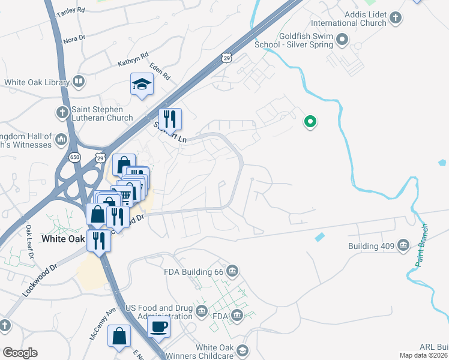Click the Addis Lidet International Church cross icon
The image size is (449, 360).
point(396,18)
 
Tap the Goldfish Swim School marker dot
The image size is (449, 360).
point(343,41)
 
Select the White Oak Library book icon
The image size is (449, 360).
point(79,82)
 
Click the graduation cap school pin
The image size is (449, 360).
point(142,85)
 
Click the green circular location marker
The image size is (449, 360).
point(310,122)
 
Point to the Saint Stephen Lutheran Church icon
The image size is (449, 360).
point(62,113)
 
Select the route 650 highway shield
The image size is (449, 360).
point(74,157)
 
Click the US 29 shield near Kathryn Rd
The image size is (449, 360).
point(226,58)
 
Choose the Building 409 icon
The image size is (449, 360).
point(403,245)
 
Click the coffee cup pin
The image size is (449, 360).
point(158,326)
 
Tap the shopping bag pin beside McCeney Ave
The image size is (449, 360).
point(119,335)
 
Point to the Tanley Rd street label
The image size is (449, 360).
point(70,12)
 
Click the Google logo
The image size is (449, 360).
point(20,352)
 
